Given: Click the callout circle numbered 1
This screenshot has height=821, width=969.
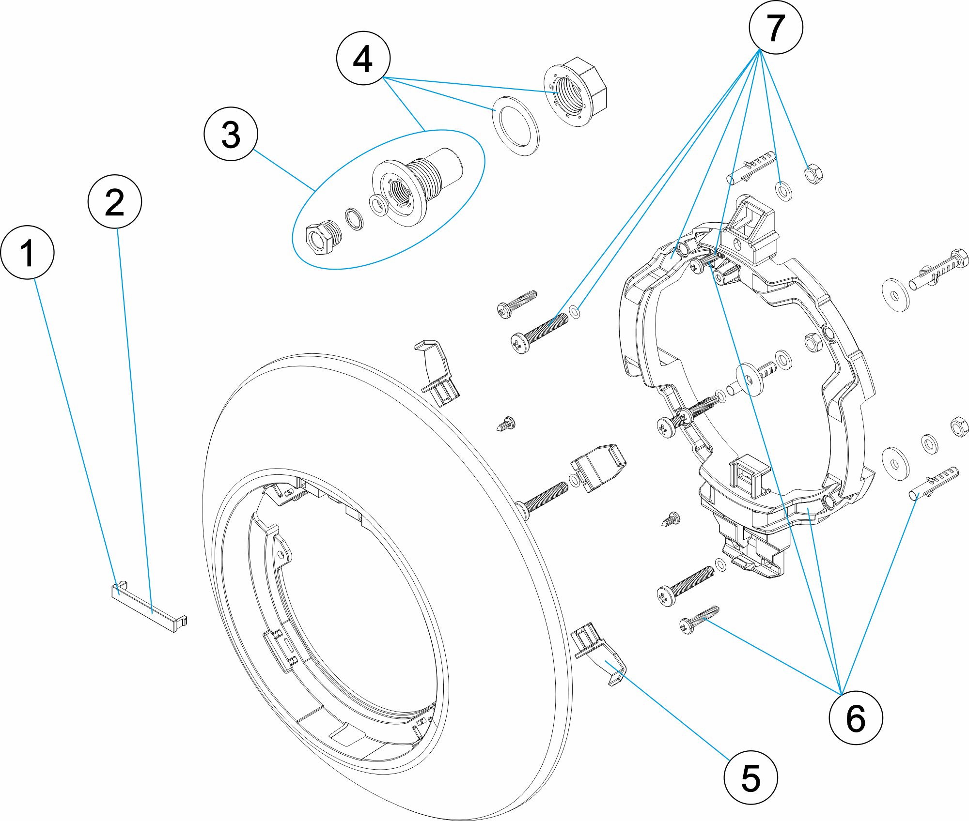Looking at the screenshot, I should tap(28, 252).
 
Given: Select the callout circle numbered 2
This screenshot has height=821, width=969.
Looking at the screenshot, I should tap(115, 201).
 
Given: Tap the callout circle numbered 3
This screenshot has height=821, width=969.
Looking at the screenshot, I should tap(231, 134).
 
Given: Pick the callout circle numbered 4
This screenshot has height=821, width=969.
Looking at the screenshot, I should tap(363, 58).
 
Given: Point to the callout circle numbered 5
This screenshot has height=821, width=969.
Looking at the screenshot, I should tap(750, 778).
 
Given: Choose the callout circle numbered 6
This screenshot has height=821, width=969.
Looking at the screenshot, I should tap(856, 718).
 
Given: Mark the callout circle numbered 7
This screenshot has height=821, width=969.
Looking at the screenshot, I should tap(776, 28).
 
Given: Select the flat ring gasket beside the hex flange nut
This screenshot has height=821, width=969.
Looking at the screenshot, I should tap(516, 126).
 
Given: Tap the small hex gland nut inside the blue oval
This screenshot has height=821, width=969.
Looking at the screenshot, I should tap(323, 238).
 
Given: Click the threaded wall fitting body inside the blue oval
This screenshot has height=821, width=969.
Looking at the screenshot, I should tap(412, 189).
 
